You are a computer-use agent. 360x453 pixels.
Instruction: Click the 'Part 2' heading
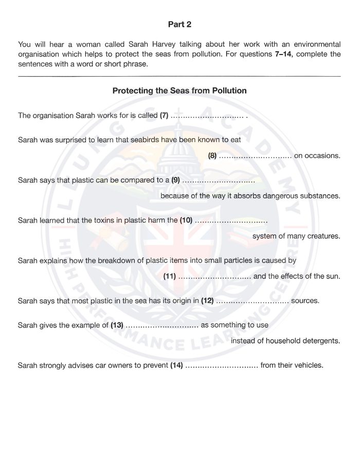tap(179, 24)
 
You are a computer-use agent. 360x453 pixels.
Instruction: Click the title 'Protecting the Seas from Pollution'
tap(179, 90)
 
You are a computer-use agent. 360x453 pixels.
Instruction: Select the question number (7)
tap(164, 116)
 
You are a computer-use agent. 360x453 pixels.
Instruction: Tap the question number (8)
tap(212, 156)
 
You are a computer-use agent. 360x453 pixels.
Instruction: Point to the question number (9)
tap(175, 180)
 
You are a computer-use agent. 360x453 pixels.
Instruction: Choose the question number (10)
tap(186, 221)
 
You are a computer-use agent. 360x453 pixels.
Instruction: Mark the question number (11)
tap(170, 276)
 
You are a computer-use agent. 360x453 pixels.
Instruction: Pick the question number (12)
tap(207, 301)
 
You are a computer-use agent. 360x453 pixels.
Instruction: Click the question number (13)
tap(117, 325)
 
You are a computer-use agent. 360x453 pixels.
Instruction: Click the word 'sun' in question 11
tap(332, 276)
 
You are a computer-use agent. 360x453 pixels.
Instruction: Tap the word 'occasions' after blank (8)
tap(322, 156)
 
